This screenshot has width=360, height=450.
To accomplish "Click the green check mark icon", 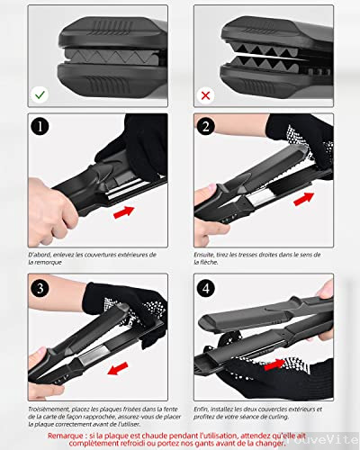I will coord(40,94).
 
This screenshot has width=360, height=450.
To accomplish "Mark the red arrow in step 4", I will coord(280,364).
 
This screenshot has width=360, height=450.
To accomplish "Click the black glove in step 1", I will coord(139,144).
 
